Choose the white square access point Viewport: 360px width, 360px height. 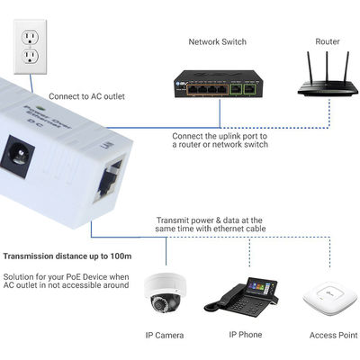327,294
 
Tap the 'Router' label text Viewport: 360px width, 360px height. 328,41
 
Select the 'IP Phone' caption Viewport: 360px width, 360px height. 246,336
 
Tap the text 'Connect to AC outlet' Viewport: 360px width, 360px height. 87,96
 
